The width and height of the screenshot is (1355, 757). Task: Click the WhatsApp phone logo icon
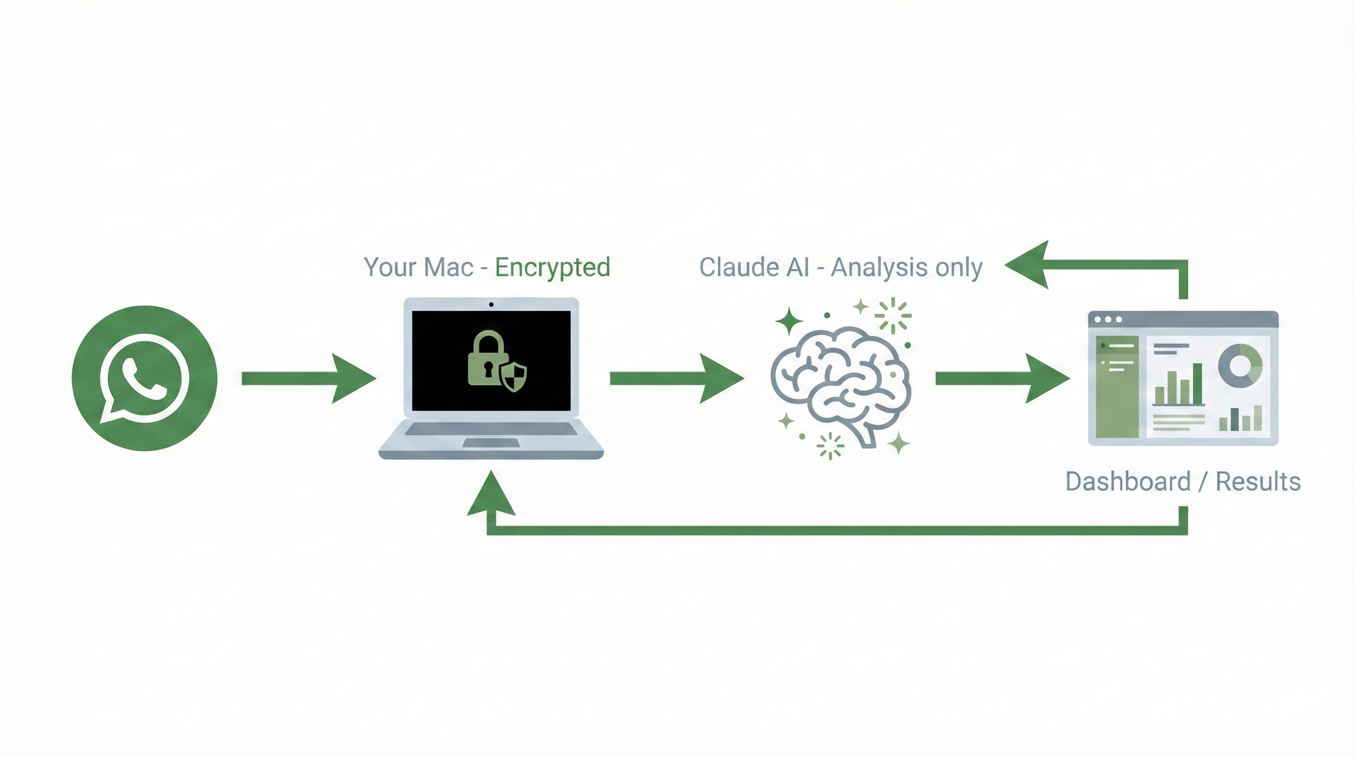144,378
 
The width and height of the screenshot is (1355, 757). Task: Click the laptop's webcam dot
491,304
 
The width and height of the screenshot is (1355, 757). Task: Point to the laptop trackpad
491,443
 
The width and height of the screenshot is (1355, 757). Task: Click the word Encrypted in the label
552,268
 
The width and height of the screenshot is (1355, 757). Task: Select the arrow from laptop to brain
676,378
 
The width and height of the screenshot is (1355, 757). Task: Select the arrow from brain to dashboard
1001,378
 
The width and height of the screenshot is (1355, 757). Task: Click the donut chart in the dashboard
1240,365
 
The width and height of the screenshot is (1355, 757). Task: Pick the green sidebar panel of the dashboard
1117,386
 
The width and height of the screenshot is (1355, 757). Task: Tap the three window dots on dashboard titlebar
1108,319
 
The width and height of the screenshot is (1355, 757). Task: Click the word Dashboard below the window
1128,482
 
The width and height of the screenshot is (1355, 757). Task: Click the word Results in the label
1258,482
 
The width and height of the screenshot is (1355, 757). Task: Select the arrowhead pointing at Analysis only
1029,264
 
